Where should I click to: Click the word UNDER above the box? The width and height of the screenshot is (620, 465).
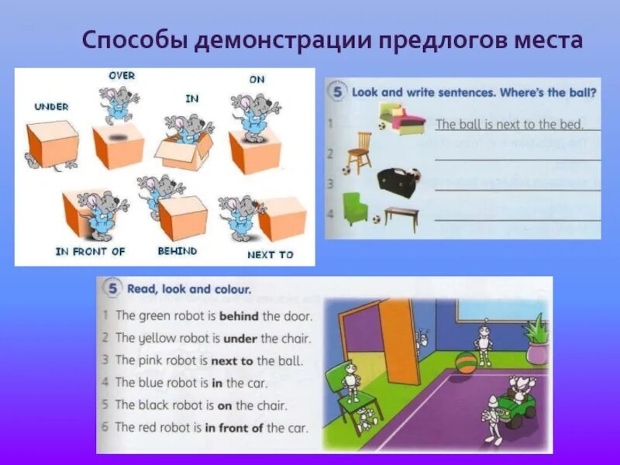pos(51,106)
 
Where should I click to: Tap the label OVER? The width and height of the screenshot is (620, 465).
pos(121,75)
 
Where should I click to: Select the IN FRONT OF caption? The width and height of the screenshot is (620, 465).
pos(90,252)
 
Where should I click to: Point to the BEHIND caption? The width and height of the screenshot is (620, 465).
pos(177,251)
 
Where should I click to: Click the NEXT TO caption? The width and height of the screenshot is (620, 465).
pos(270,254)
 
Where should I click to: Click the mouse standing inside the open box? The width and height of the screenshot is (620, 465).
pos(183,129)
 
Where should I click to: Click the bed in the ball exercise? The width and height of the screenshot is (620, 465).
pos(403,118)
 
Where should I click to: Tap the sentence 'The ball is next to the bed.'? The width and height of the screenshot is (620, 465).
pos(508,124)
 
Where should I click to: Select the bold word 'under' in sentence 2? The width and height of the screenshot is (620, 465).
pos(241,338)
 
